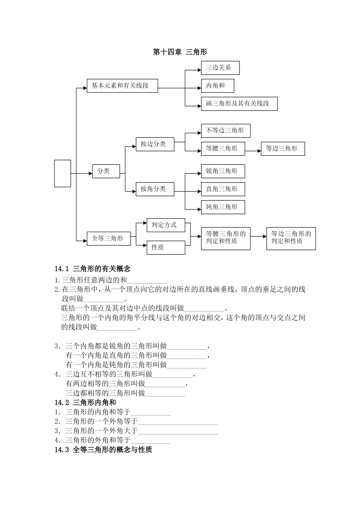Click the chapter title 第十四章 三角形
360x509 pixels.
point(180,52)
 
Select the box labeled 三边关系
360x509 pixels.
point(220,68)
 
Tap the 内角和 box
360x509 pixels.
point(217,86)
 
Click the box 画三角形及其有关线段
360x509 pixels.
point(239,104)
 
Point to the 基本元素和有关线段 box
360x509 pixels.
point(122,86)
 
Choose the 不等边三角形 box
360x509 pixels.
point(225,131)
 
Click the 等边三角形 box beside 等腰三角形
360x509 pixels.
point(283,149)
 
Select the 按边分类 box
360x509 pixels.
point(155,144)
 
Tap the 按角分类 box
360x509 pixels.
point(155,189)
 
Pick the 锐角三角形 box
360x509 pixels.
point(223,171)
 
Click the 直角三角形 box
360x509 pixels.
point(223,189)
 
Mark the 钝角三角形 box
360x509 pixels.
point(223,207)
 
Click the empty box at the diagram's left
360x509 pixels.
point(63,173)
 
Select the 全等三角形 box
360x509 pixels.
point(109,239)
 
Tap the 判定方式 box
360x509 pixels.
point(166,225)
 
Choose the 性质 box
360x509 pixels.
point(166,247)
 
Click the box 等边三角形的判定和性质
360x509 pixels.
point(291,238)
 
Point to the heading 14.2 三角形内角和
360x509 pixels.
point(85,403)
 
